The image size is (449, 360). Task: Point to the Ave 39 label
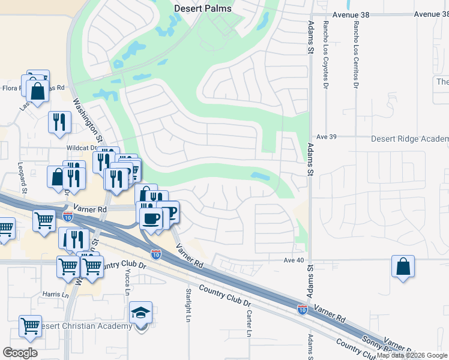(x=327, y=137)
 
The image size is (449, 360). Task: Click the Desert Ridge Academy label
(x=409, y=139)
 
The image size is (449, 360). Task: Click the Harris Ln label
(x=56, y=295)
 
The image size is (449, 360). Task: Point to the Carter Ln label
(x=248, y=323)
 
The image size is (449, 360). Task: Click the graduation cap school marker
(x=140, y=313)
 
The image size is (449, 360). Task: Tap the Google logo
(x=20, y=353)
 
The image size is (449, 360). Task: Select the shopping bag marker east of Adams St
(x=403, y=266)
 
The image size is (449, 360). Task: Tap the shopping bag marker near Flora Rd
(x=38, y=92)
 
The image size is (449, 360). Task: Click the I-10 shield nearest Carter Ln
(x=303, y=310)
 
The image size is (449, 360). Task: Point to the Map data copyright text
(x=412, y=355)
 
